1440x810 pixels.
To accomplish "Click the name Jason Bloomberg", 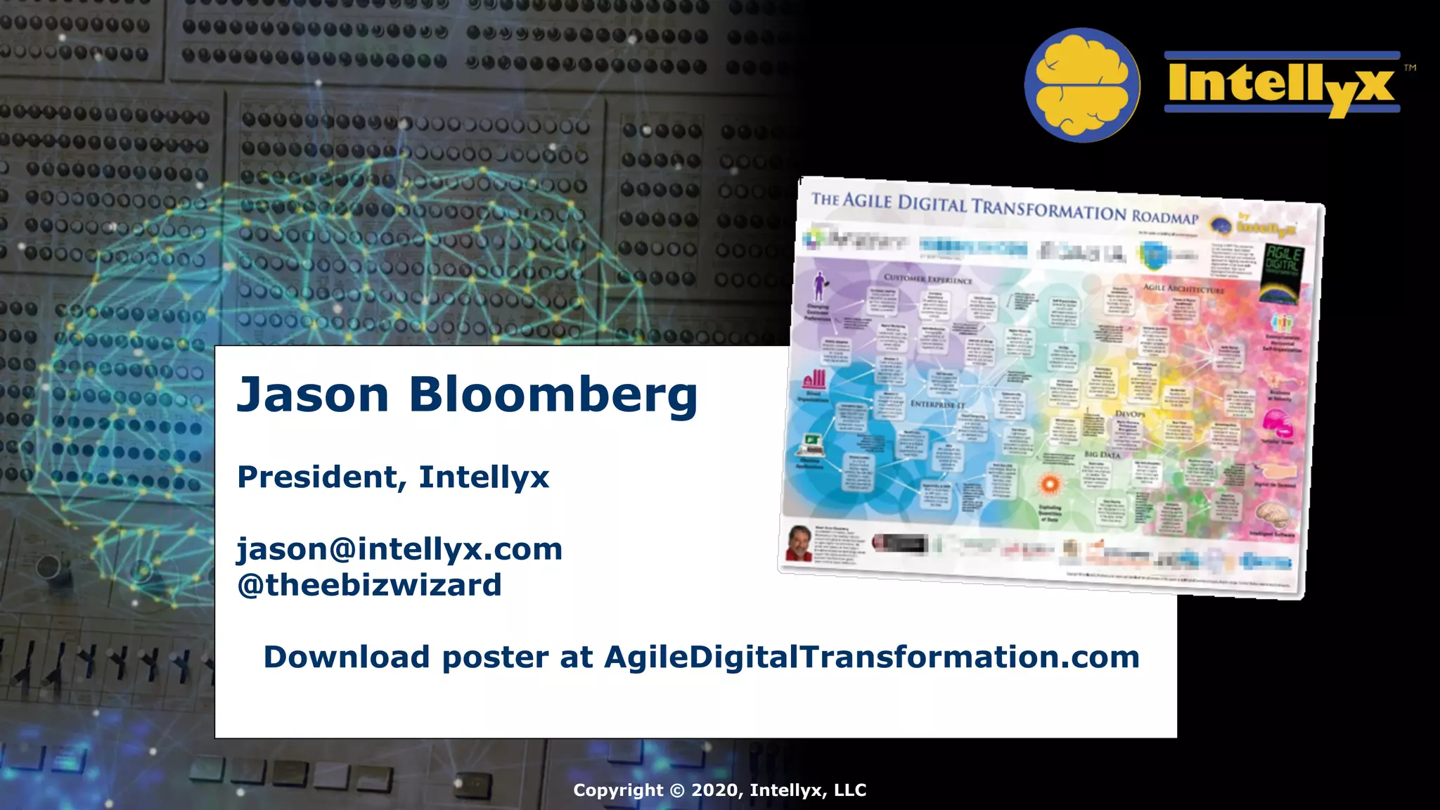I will pos(467,395).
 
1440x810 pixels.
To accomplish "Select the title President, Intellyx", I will pos(393,477).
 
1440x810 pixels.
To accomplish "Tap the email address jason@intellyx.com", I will pos(399,549).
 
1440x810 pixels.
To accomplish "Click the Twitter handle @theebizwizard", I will pos(370,585).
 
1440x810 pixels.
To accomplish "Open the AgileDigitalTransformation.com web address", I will pos(872,657).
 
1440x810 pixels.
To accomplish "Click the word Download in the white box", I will pos(346,657).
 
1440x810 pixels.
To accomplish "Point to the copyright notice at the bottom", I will pos(719,790).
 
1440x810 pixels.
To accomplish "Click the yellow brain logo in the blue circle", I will pos(1081,85).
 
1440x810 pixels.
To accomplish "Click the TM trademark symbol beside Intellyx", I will pos(1410,68).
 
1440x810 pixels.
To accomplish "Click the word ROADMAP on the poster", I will pos(1164,217).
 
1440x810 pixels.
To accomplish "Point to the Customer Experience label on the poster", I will pos(928,278).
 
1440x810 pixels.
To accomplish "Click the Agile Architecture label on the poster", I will pos(1183,288).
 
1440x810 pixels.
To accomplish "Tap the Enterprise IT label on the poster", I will pos(937,404).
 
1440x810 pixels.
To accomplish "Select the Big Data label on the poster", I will pos(1102,455).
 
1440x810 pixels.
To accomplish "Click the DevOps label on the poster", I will pos(1130,414).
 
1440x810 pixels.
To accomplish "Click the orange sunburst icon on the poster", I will pos(1049,484).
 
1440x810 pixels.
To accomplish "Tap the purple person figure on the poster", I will pos(819,285).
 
